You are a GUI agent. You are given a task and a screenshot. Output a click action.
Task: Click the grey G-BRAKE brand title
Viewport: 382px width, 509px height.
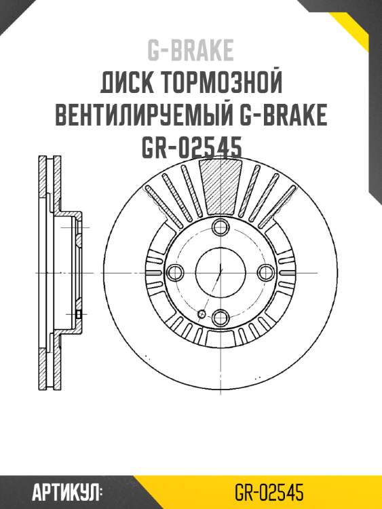(x=190, y=50)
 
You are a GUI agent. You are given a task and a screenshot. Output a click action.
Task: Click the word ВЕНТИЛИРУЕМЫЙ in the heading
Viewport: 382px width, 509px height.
(x=145, y=116)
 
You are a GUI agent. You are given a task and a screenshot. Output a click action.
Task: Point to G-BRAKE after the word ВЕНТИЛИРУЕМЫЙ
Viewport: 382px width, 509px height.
(x=283, y=116)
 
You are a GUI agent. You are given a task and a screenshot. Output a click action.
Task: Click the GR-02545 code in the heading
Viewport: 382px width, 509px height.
(x=191, y=148)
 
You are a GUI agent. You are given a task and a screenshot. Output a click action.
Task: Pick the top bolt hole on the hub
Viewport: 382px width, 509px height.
(x=221, y=227)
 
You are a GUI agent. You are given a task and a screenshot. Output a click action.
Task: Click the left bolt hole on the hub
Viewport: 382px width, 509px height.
(x=176, y=273)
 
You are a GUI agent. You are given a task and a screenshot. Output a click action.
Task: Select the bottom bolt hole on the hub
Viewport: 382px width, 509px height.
(x=221, y=317)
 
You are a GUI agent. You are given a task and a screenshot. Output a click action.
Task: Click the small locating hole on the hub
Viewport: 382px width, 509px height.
(x=202, y=314)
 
